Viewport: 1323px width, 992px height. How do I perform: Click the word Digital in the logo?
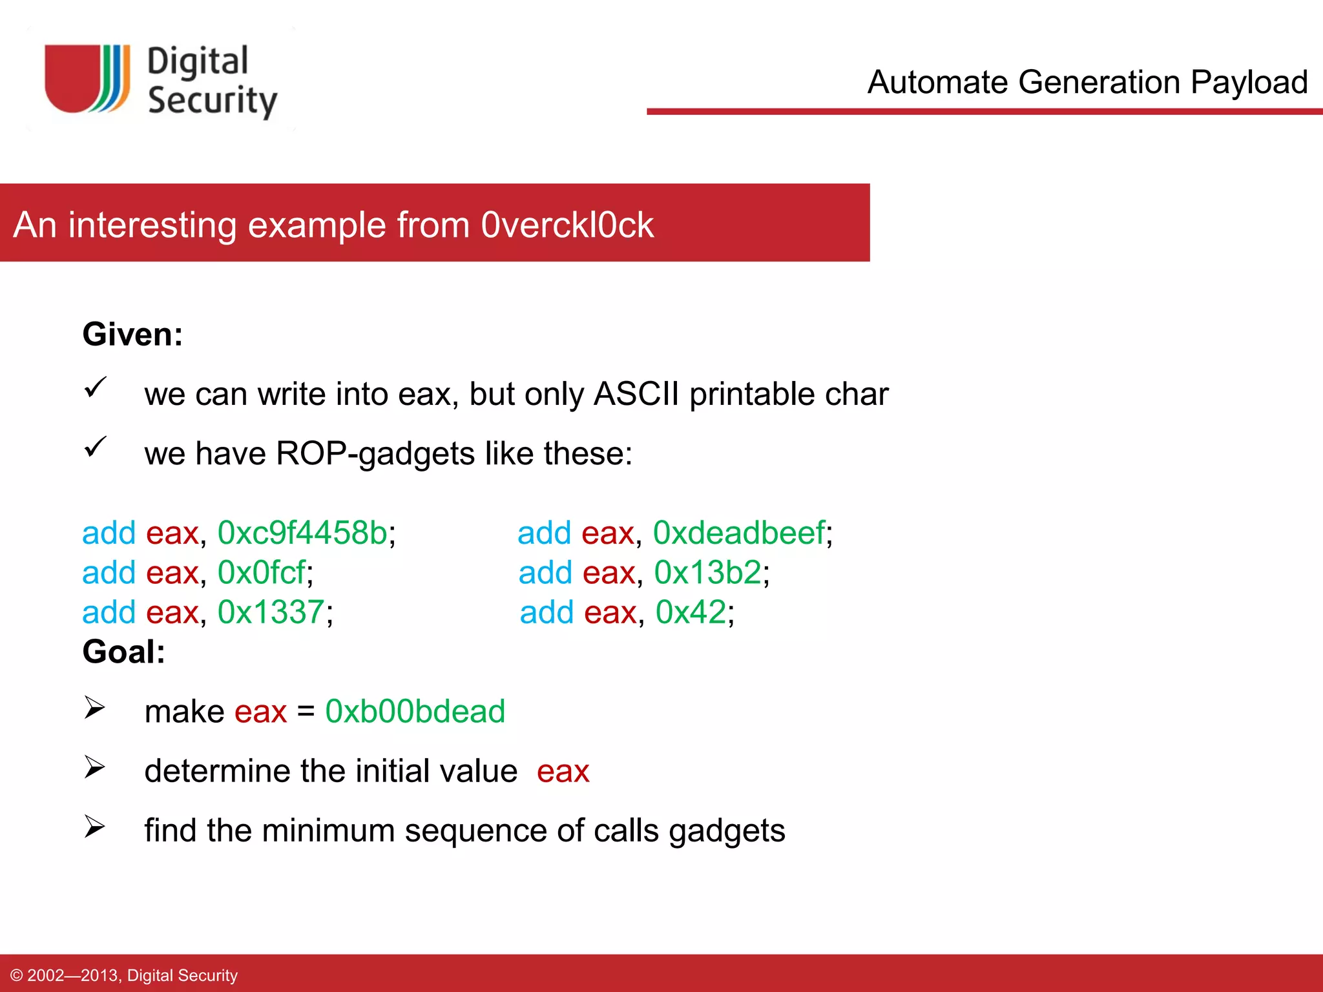point(198,62)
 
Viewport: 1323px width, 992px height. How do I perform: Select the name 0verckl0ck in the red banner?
point(567,225)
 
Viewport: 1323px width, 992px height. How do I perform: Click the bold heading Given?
point(132,335)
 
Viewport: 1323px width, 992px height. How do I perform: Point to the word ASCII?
point(636,394)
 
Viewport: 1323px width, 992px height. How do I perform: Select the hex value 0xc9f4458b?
point(302,533)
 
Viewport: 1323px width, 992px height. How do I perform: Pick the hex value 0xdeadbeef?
point(739,533)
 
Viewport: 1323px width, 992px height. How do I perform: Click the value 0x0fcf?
point(261,572)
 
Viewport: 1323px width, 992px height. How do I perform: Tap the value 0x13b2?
point(707,572)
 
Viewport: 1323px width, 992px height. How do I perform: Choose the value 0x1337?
point(271,612)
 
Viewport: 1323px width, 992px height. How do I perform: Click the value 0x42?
point(691,612)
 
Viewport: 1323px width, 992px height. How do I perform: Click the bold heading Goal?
point(123,652)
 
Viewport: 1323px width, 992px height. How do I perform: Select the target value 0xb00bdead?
point(415,711)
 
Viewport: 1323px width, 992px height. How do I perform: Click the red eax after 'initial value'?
point(563,771)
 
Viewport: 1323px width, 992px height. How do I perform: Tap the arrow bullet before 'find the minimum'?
point(94,827)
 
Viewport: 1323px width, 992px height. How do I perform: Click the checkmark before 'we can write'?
point(95,387)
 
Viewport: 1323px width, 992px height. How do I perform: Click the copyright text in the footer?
point(124,975)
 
